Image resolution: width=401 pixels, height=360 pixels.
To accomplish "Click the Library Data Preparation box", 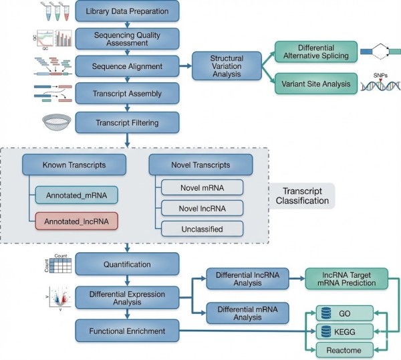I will [x=127, y=11].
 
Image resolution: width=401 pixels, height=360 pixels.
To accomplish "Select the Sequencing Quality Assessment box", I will [x=127, y=37].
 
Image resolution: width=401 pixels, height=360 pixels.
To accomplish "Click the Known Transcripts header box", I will [x=65, y=164].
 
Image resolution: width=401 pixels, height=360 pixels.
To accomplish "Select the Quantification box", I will [x=127, y=264].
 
